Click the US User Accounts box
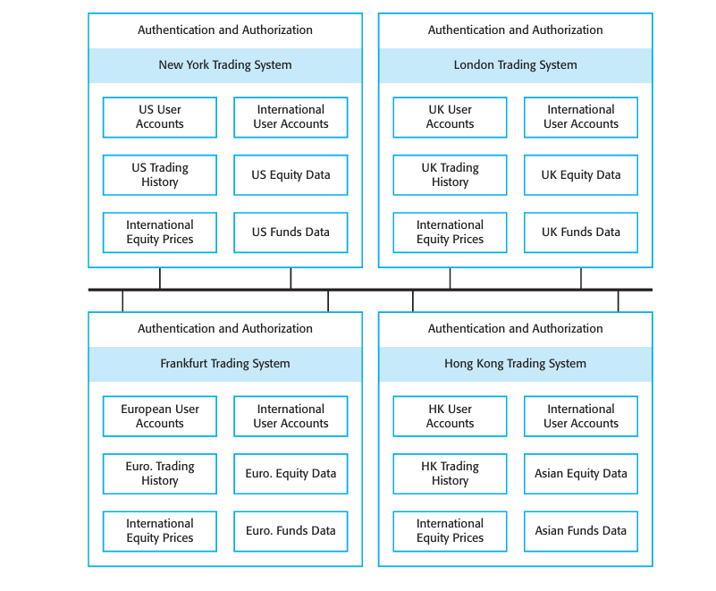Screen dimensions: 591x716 pyautogui.click(x=160, y=117)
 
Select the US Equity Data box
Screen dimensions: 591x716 pyautogui.click(x=291, y=175)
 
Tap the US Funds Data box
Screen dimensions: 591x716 pyautogui.click(x=291, y=232)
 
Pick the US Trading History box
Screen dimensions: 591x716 pyautogui.click(x=160, y=175)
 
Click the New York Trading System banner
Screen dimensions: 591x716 pyautogui.click(x=225, y=65)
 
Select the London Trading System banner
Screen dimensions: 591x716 pyautogui.click(x=515, y=65)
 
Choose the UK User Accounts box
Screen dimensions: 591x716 pyautogui.click(x=450, y=117)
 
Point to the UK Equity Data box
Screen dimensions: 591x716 pyautogui.click(x=581, y=175)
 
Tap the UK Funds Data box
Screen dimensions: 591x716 pyautogui.click(x=581, y=232)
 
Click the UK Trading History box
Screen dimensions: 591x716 pyautogui.click(x=450, y=175)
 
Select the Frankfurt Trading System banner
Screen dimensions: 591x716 pyautogui.click(x=225, y=364)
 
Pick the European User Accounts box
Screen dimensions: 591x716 pyautogui.click(x=160, y=417)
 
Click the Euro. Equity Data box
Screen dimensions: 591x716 pyautogui.click(x=291, y=474)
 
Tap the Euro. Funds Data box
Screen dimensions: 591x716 pyautogui.click(x=291, y=531)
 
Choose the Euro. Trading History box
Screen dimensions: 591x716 pyautogui.click(x=160, y=474)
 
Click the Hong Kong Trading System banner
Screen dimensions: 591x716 pyautogui.click(x=515, y=364)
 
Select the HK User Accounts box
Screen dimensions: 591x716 pyautogui.click(x=450, y=417)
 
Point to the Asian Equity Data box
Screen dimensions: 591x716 pyautogui.click(x=581, y=474)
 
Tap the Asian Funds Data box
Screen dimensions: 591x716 pyautogui.click(x=581, y=531)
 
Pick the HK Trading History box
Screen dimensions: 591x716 pyautogui.click(x=450, y=474)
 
